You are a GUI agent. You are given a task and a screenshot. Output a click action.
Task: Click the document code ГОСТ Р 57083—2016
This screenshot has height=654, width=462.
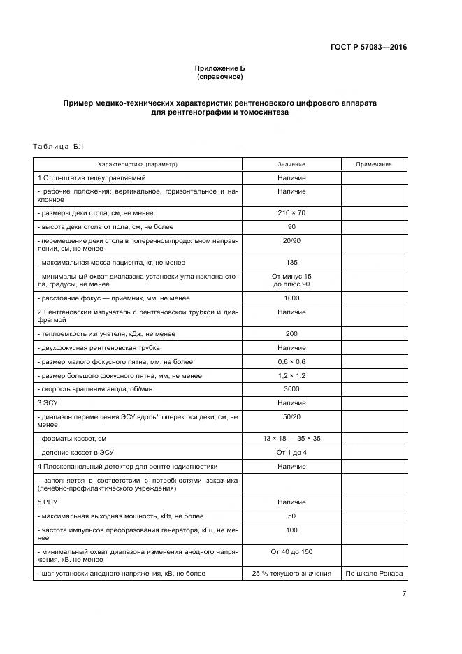(x=368, y=48)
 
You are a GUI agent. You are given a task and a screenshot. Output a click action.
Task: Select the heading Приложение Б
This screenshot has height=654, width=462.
(x=219, y=68)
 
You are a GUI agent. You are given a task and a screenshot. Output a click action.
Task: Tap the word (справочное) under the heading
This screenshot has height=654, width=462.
(x=219, y=76)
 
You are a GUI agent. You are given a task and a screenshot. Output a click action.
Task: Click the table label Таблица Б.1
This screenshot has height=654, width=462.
(x=58, y=146)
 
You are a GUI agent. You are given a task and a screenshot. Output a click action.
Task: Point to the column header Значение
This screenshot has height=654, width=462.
(x=291, y=164)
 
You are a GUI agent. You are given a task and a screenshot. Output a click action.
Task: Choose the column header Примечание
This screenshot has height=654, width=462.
(x=373, y=164)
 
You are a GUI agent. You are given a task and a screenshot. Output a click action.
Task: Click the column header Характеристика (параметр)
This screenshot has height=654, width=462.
(x=138, y=164)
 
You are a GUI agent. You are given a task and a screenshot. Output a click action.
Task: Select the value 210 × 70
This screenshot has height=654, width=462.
(x=291, y=212)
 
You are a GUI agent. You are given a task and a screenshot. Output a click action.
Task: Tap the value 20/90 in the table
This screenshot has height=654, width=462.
(x=291, y=240)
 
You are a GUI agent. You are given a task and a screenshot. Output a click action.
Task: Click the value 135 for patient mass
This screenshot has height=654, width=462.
(x=291, y=262)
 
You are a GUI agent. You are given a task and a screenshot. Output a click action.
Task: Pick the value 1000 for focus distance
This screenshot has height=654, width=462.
(x=291, y=298)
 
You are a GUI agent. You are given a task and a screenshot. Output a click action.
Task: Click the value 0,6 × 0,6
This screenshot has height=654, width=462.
(x=291, y=361)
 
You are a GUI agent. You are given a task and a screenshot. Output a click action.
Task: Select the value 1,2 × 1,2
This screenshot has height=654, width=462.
(x=291, y=376)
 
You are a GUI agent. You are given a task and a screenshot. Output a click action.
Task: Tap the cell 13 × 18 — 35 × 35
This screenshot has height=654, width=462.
(x=291, y=438)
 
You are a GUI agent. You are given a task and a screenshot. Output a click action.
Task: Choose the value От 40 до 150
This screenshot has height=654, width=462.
(x=291, y=551)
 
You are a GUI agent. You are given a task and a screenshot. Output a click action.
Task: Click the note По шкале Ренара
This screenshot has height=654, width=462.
(x=373, y=574)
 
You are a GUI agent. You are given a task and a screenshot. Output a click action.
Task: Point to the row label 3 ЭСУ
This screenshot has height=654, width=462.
(x=47, y=402)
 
